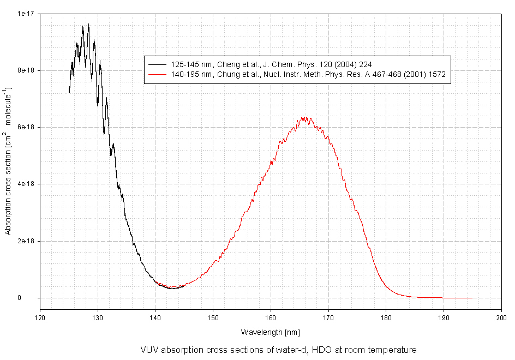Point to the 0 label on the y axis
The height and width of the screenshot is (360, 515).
34,298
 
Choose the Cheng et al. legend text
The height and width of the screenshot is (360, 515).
271,64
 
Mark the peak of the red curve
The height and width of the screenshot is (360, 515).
304,117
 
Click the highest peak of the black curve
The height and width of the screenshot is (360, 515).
88,24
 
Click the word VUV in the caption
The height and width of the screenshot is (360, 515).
149,350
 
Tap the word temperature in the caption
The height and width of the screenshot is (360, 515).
395,350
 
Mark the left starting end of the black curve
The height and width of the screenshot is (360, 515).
69,93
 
